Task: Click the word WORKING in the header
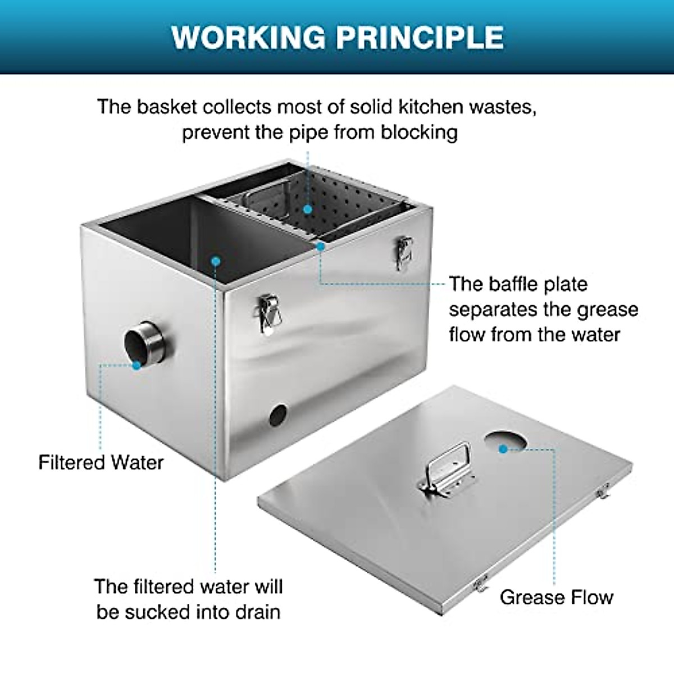[248, 37]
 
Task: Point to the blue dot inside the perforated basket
[307, 209]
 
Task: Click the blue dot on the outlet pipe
[136, 365]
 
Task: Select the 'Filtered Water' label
[101, 462]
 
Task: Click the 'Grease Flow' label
[556, 596]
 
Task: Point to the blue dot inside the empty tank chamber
[215, 260]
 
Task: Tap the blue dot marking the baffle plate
[320, 245]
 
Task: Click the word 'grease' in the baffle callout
[609, 309]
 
